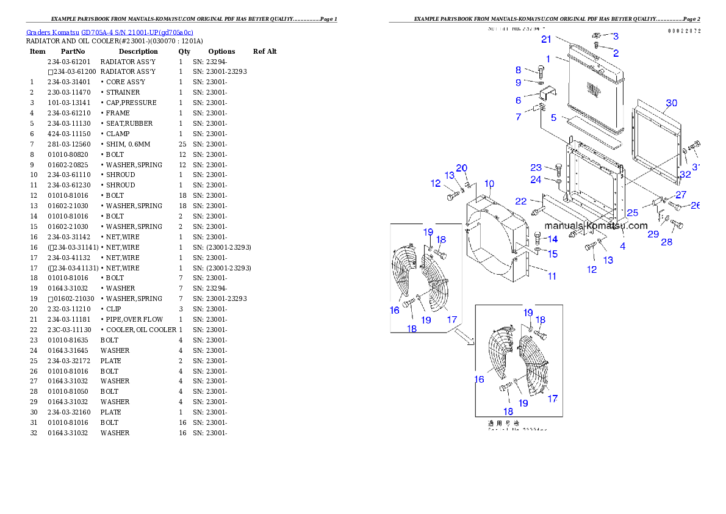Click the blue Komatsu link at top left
110,32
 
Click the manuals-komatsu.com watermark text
588,225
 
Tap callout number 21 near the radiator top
546,40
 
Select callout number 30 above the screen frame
671,103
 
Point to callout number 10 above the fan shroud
489,184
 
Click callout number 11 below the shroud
552,276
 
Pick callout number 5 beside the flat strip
553,117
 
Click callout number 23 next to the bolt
536,167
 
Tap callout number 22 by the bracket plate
520,201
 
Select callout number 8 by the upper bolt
518,70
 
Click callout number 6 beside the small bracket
518,100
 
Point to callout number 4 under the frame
622,247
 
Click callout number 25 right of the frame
633,213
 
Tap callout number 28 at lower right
667,242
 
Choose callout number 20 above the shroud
462,168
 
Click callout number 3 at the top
616,37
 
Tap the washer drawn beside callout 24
559,181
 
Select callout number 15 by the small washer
552,253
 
